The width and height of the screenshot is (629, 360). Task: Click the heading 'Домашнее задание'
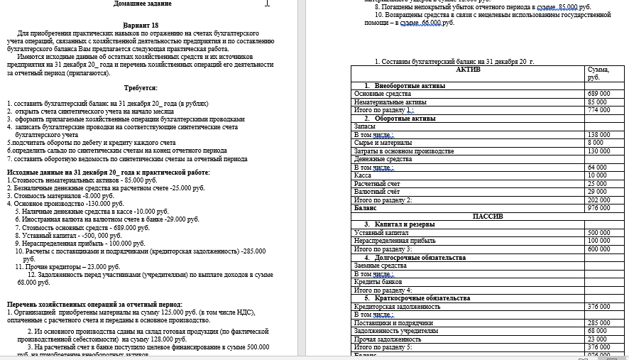coord(142,4)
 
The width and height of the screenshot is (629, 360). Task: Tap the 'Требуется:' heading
coord(141,87)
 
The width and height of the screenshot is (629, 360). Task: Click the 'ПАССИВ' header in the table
coord(487,216)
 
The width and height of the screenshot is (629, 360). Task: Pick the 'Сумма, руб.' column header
coord(593,73)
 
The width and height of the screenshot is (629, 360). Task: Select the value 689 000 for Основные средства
coord(598,94)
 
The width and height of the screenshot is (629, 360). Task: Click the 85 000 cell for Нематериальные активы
coord(596,102)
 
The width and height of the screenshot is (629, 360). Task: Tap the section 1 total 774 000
coord(598,110)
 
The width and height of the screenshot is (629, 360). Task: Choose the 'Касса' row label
coord(363,175)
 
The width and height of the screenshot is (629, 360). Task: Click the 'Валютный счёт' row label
coord(373,192)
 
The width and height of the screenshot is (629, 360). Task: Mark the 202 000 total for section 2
coord(598,200)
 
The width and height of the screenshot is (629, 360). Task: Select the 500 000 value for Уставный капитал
coord(598,233)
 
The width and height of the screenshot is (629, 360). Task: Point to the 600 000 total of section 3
coord(598,249)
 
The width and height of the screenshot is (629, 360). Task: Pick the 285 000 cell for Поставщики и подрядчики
coord(598,323)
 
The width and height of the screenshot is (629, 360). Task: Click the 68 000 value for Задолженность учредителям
coord(596,331)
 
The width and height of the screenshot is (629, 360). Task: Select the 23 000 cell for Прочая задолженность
coord(596,339)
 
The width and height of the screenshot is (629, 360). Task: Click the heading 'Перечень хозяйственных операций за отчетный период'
coord(94,303)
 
